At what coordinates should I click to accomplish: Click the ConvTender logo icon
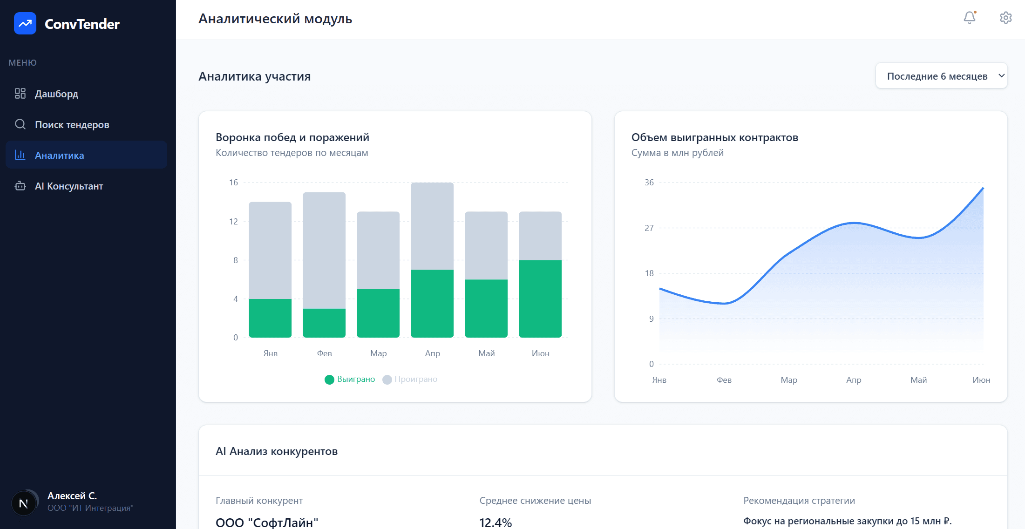[x=25, y=23]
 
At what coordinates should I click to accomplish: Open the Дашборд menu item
[x=56, y=94]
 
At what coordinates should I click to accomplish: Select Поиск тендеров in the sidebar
[x=72, y=124]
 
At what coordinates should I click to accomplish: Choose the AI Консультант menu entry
[x=68, y=186]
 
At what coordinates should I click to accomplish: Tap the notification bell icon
[x=969, y=18]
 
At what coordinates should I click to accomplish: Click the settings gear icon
[x=1005, y=18]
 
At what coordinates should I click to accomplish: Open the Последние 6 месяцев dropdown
[x=941, y=76]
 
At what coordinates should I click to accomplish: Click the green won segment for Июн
[x=540, y=298]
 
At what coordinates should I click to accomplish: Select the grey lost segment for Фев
[x=324, y=250]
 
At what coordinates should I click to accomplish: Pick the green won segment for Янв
[x=270, y=318]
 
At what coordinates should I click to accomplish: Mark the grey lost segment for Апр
[x=432, y=226]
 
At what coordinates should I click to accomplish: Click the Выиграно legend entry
[x=350, y=379]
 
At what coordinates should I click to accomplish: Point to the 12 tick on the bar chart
[x=233, y=221]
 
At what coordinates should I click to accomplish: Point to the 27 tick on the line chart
[x=649, y=228]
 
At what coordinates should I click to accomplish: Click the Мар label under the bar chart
[x=378, y=353]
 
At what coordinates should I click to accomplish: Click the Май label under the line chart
[x=918, y=380]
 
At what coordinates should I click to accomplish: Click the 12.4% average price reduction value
[x=496, y=522]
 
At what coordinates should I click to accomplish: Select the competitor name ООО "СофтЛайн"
[x=267, y=522]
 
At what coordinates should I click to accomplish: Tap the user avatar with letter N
[x=23, y=503]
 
